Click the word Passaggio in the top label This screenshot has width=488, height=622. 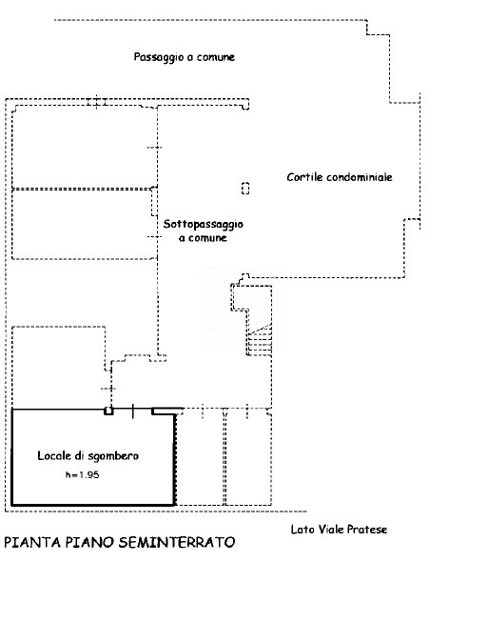159,57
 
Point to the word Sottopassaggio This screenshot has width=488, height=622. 204,225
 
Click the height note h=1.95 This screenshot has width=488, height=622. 83,474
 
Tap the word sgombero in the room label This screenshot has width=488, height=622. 113,456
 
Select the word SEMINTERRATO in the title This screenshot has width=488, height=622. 177,542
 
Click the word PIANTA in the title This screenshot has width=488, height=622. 32,542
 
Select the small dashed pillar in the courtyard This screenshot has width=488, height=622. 245,188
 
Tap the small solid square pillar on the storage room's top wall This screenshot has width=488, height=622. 108,411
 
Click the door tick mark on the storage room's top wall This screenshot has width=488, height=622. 132,411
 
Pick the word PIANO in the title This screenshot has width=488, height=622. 90,542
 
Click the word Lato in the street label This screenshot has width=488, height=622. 303,530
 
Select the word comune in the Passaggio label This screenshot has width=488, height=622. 216,57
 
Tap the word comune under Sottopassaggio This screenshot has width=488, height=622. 207,238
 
